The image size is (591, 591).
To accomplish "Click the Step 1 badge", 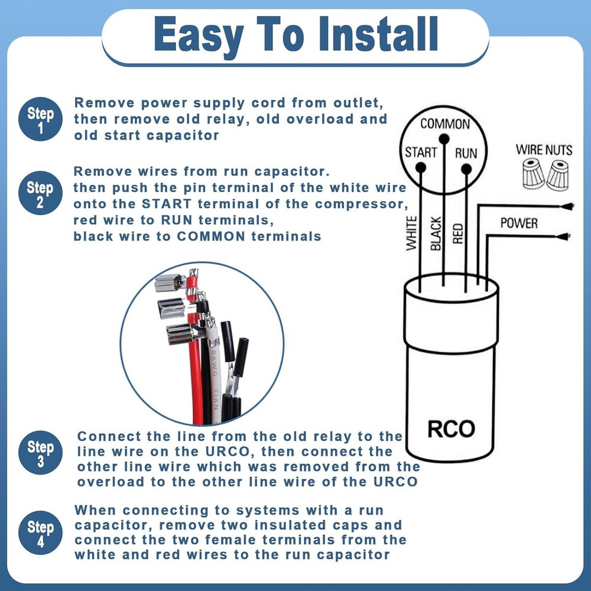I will click(40, 119).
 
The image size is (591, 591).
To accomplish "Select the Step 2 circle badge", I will click(40, 194).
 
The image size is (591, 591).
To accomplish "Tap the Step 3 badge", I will click(40, 453).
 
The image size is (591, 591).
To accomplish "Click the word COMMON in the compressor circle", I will click(445, 124).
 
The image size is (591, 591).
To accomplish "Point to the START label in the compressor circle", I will click(421, 152).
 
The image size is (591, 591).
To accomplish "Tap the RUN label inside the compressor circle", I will click(466, 152).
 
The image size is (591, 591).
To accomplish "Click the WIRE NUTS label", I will click(544, 150).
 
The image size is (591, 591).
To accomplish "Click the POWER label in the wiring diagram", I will click(519, 223).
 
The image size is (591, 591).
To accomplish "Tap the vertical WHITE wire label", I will click(412, 233).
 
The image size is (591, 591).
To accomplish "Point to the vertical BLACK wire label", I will click(436, 233).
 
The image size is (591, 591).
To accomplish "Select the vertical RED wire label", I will click(458, 233).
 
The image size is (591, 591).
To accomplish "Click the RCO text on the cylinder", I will click(451, 428).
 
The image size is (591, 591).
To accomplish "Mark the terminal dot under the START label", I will click(421, 168).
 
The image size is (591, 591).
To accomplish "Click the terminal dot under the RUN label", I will click(466, 168).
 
